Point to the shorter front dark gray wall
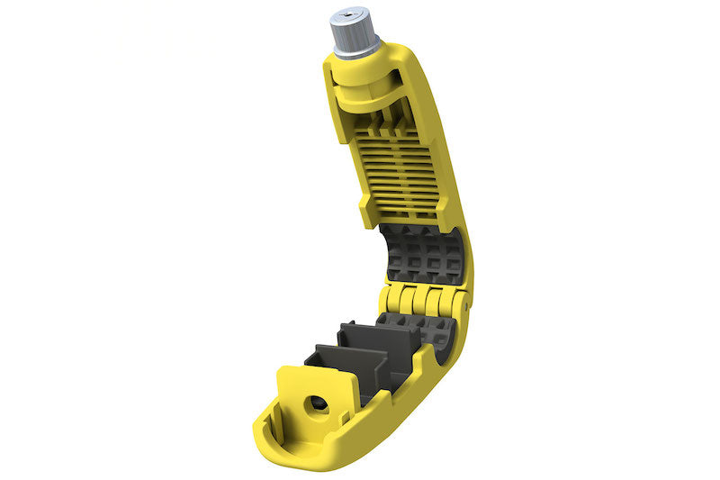(x=346, y=374)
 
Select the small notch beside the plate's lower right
(x=343, y=417)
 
